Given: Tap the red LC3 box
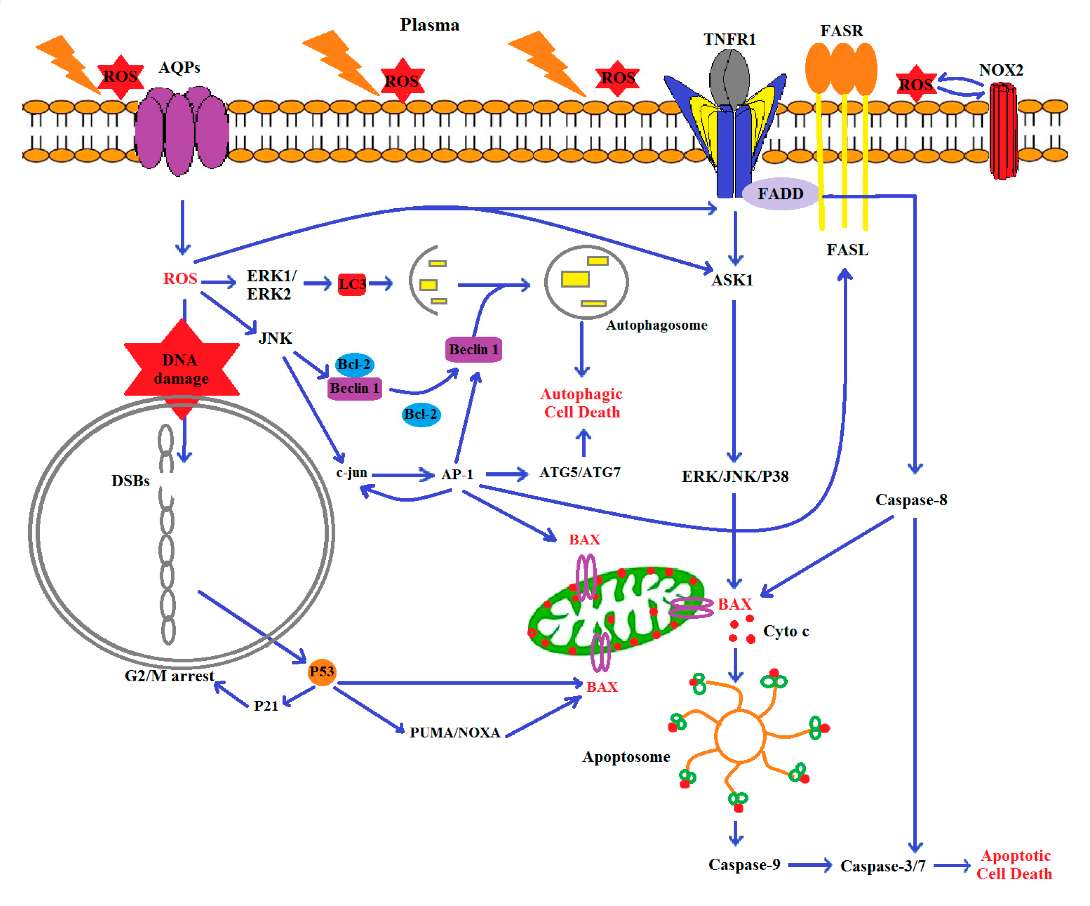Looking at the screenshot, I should [352, 284].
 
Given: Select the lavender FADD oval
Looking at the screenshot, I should [780, 194].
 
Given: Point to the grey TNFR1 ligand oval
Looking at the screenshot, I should [730, 78].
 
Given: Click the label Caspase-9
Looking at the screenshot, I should [744, 864].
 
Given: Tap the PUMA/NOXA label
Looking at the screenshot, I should [455, 732].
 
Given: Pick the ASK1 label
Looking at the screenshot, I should [732, 280].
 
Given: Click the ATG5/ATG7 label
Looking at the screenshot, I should [580, 472].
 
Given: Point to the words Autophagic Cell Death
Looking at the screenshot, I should [581, 403].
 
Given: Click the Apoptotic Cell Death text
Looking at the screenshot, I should [1014, 864].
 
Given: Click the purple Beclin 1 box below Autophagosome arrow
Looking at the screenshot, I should [473, 349].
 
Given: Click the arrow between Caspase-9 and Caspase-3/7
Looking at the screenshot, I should [810, 865].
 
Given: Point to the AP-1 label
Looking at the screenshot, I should [457, 474].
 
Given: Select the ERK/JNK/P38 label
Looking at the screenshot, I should [735, 477].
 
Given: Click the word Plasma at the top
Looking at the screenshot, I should [429, 25].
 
